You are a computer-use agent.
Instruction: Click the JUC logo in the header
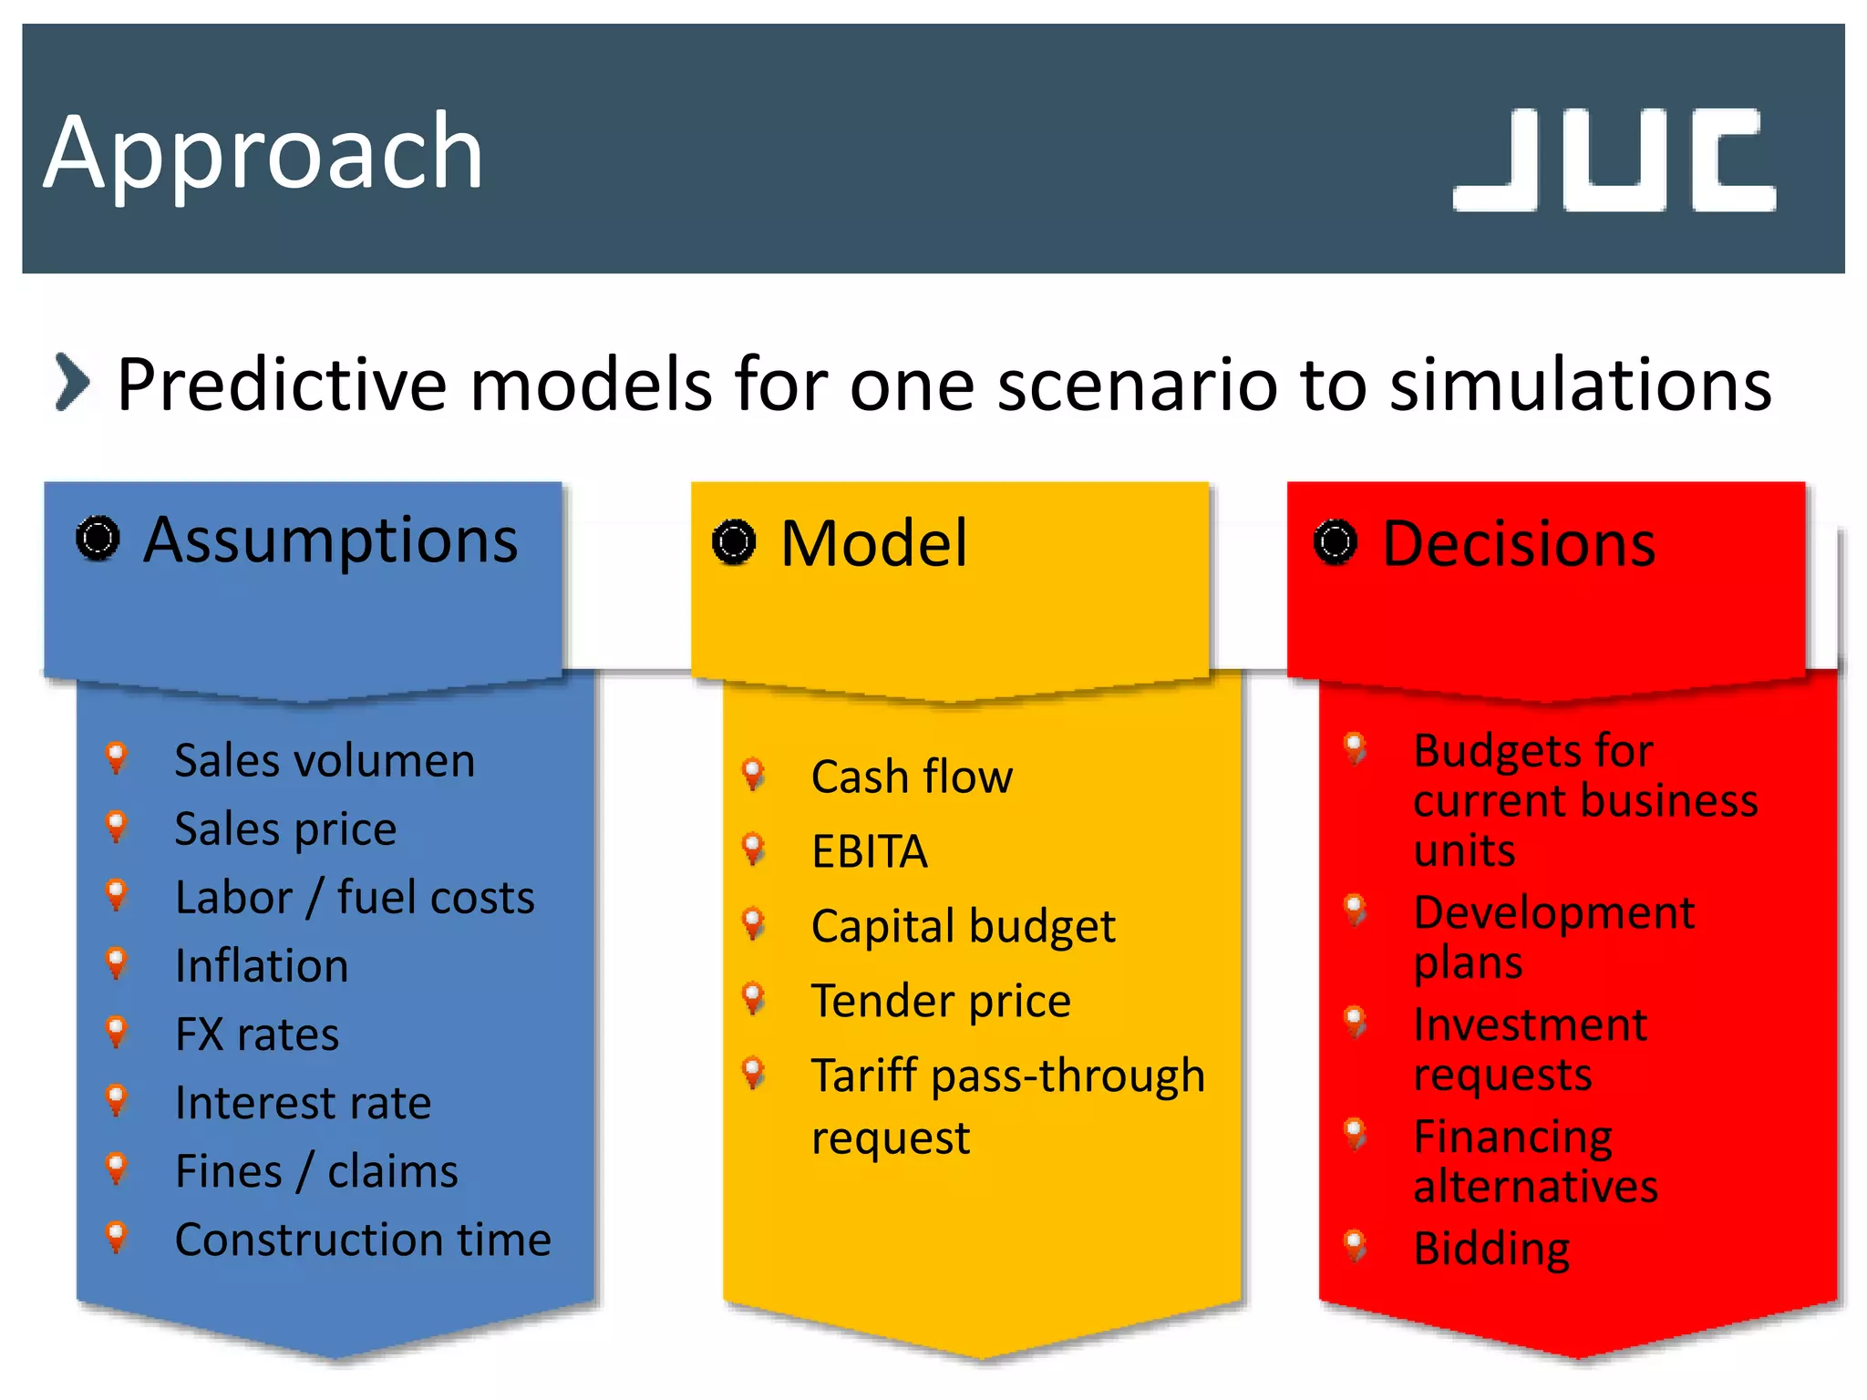(x=1614, y=160)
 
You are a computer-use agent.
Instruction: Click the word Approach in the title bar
(x=263, y=153)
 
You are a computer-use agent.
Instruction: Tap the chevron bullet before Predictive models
(x=72, y=382)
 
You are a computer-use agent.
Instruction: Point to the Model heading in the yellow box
(x=873, y=543)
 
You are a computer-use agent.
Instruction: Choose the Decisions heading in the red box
(x=1518, y=544)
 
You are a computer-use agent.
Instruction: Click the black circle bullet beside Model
(x=734, y=542)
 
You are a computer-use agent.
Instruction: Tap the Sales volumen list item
(x=324, y=760)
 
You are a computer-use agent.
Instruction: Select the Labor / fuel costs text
(x=354, y=897)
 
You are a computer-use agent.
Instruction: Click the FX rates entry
(x=256, y=1035)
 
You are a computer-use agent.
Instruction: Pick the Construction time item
(x=362, y=1240)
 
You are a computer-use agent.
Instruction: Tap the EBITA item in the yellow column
(x=869, y=851)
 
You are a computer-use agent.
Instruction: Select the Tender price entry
(x=940, y=1001)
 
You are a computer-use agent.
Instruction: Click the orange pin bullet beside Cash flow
(x=753, y=773)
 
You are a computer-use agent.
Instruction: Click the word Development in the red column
(x=1553, y=912)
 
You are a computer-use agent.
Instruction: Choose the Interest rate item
(x=302, y=1103)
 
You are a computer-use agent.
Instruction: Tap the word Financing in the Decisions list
(x=1512, y=1137)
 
